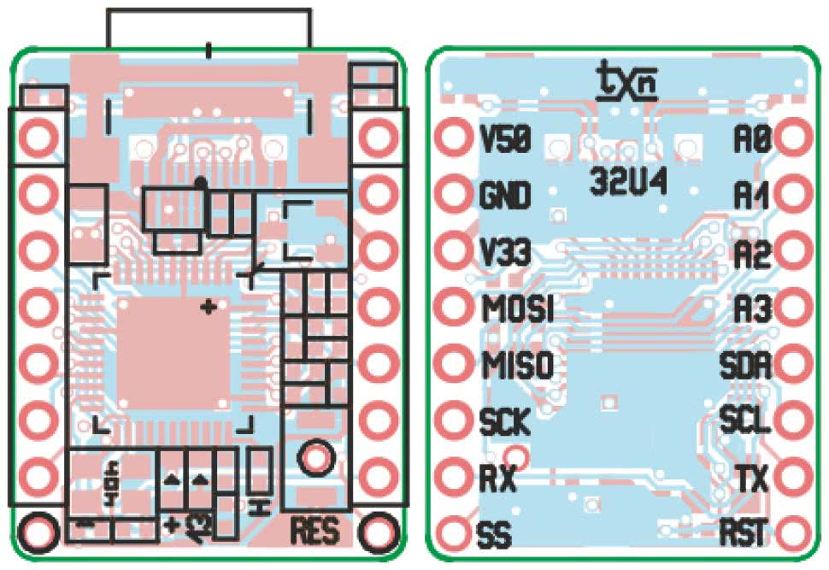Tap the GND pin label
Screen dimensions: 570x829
[506, 196]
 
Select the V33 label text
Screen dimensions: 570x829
[506, 253]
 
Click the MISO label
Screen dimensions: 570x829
[517, 366]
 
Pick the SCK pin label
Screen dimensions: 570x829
[505, 422]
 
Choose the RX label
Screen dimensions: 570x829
[498, 479]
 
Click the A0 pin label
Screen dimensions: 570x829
[753, 138]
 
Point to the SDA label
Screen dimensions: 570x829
[746, 366]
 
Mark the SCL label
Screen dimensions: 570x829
[746, 421]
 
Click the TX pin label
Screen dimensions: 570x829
[752, 478]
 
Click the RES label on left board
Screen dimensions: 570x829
[316, 531]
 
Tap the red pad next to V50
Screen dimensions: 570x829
[453, 137]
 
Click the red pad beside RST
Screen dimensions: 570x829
[794, 533]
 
